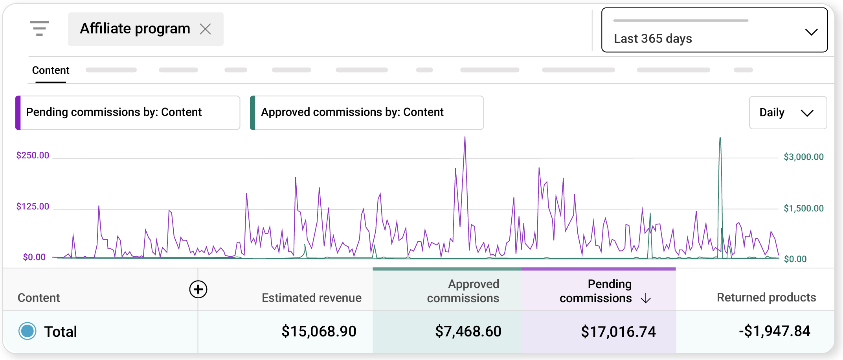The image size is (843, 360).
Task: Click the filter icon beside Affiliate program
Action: click(39, 29)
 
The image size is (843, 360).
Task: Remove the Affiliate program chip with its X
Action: click(205, 29)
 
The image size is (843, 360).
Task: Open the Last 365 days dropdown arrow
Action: click(811, 32)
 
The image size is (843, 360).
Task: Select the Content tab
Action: click(51, 70)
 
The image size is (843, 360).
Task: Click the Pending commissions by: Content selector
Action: click(128, 113)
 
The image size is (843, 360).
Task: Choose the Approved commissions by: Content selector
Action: click(367, 113)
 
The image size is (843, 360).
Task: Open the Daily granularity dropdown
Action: click(788, 113)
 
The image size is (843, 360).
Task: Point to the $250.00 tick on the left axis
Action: click(33, 156)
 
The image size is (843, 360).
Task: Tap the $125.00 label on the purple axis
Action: click(33, 207)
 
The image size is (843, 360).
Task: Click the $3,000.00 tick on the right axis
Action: click(803, 157)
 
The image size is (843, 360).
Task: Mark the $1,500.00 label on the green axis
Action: click(803, 209)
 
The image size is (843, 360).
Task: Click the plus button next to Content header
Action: click(198, 290)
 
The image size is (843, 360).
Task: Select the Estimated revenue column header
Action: click(311, 298)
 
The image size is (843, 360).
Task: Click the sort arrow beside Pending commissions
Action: click(646, 299)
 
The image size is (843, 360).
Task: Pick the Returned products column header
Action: click(766, 298)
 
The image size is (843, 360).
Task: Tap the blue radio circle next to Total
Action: click(28, 331)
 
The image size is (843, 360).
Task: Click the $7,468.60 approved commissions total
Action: click(468, 331)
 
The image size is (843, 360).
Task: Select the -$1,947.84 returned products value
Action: click(774, 331)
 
